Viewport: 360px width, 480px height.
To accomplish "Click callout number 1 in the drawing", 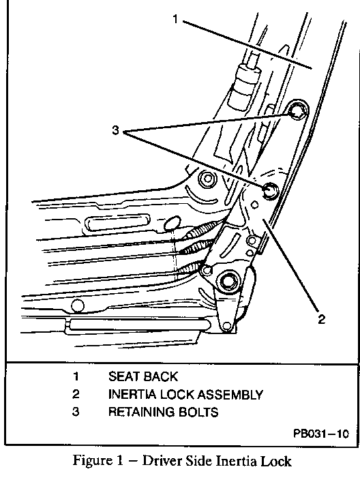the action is [x=175, y=19].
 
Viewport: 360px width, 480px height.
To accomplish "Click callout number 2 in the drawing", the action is [x=321, y=319].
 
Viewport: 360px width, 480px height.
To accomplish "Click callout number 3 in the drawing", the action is [x=115, y=130].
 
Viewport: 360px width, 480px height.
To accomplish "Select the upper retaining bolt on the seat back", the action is [x=297, y=112].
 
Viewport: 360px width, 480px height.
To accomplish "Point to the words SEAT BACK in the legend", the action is [x=143, y=376].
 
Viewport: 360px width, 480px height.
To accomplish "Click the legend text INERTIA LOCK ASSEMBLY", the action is [x=185, y=395].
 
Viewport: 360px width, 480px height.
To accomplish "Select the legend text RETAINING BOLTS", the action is [x=164, y=412].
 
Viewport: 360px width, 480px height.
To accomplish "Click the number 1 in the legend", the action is [x=76, y=376].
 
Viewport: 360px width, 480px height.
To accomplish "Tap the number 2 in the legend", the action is [x=76, y=394].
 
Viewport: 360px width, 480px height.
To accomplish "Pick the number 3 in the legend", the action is [x=76, y=412].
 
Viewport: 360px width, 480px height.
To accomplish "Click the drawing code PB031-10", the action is [x=321, y=434].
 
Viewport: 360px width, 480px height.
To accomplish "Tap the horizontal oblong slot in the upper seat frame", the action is [x=118, y=222].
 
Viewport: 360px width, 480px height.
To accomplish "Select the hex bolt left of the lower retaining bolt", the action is [x=207, y=179].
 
